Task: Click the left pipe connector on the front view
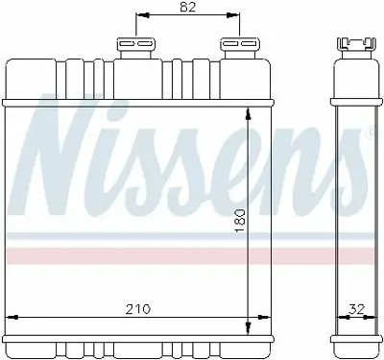(136, 47)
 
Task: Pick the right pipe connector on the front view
(233, 47)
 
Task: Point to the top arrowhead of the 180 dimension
(250, 113)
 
